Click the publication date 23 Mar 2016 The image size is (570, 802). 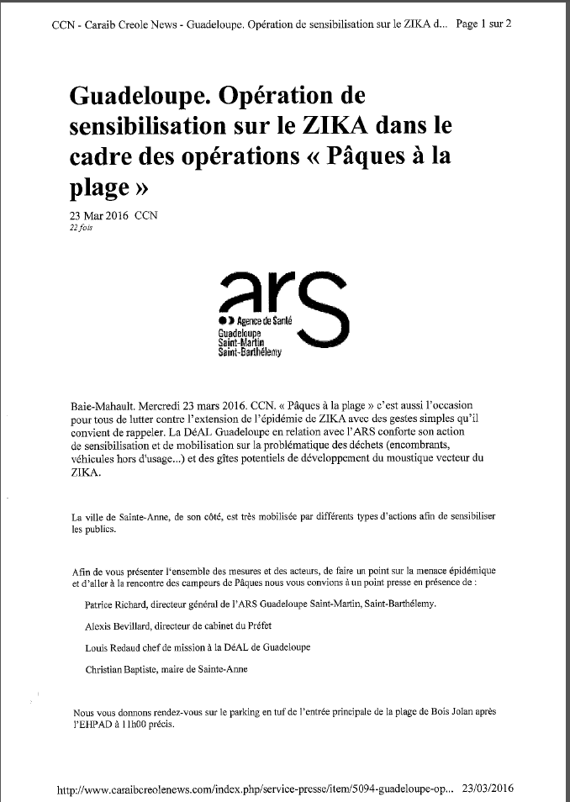click(98, 215)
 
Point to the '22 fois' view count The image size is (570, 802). click(82, 228)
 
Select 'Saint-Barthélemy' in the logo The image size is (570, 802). click(251, 352)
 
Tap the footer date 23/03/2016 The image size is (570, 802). click(487, 789)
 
